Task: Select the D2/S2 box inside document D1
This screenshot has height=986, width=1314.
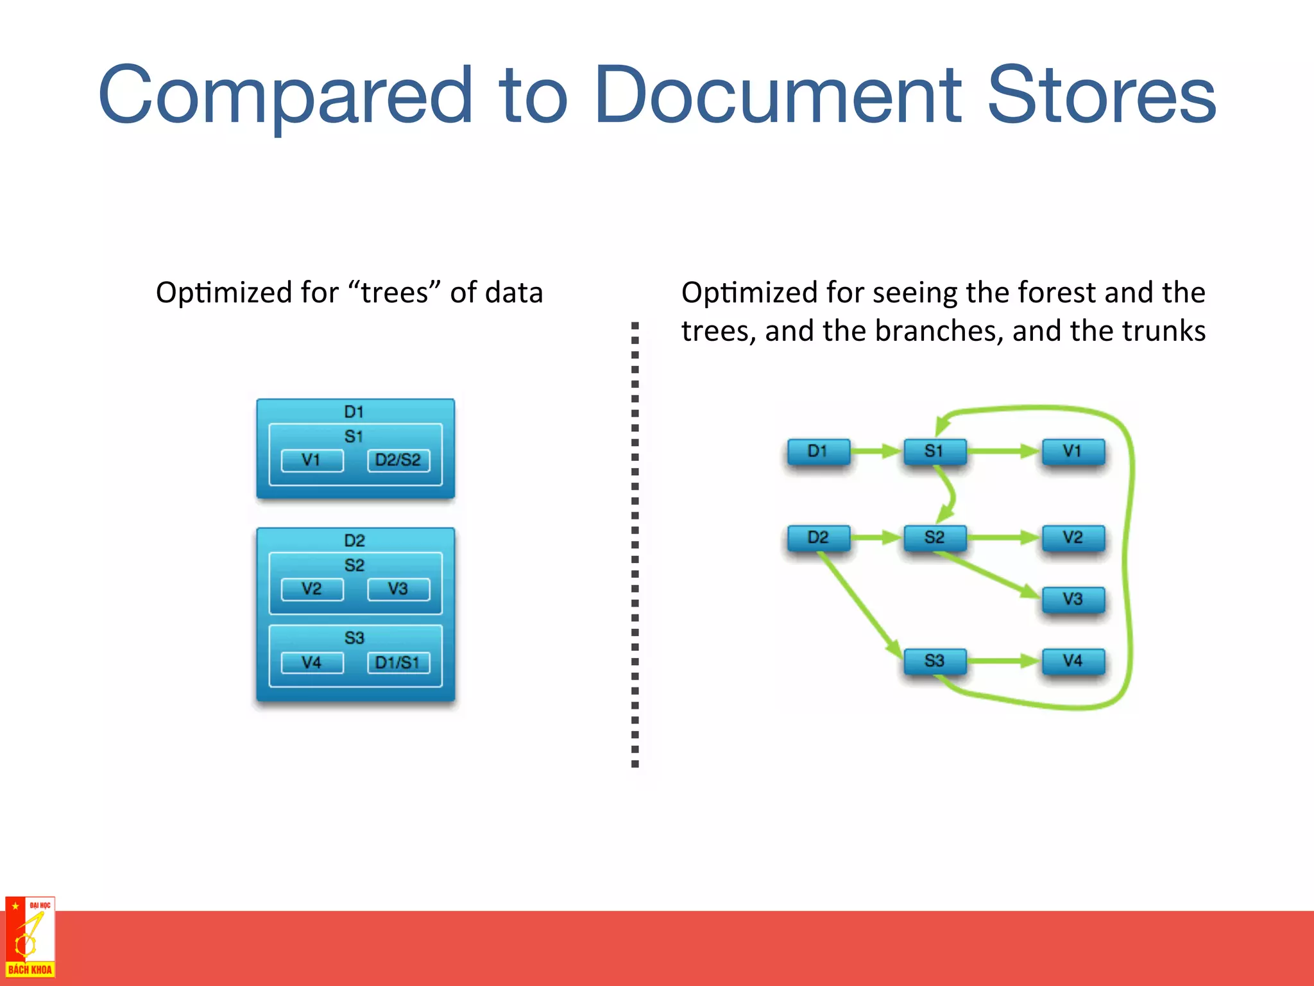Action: coord(398,460)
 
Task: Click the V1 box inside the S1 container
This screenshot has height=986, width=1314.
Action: coord(312,460)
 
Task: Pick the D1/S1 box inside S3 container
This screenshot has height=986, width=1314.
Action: coord(398,662)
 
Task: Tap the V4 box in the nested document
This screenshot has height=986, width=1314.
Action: coord(312,662)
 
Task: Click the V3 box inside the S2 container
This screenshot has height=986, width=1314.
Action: coord(398,589)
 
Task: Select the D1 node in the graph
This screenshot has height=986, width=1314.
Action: coord(819,451)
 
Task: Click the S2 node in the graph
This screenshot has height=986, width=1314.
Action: coord(935,537)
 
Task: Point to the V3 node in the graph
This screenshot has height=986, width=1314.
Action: coord(1073,599)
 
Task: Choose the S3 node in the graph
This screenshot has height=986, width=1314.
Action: coord(935,661)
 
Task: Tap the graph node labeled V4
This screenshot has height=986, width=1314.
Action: coord(1073,661)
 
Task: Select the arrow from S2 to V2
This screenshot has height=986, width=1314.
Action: coord(1004,537)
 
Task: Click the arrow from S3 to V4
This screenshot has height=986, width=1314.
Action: coord(1004,661)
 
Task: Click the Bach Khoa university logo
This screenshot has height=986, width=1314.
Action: coord(30,937)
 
